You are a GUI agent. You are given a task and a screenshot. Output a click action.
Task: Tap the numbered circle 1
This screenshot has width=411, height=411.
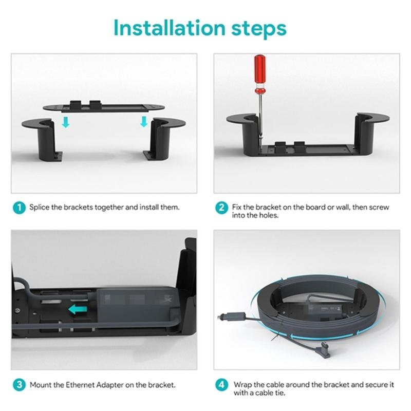pyautogui.click(x=19, y=208)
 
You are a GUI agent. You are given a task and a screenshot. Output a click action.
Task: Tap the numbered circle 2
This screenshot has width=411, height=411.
pyautogui.click(x=221, y=208)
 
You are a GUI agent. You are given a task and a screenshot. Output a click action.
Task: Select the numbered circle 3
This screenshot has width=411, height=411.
pyautogui.click(x=19, y=384)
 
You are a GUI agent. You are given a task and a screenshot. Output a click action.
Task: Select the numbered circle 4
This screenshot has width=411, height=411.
pyautogui.click(x=221, y=384)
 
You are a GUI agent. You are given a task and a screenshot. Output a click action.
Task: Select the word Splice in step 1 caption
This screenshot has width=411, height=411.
pyautogui.click(x=39, y=208)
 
